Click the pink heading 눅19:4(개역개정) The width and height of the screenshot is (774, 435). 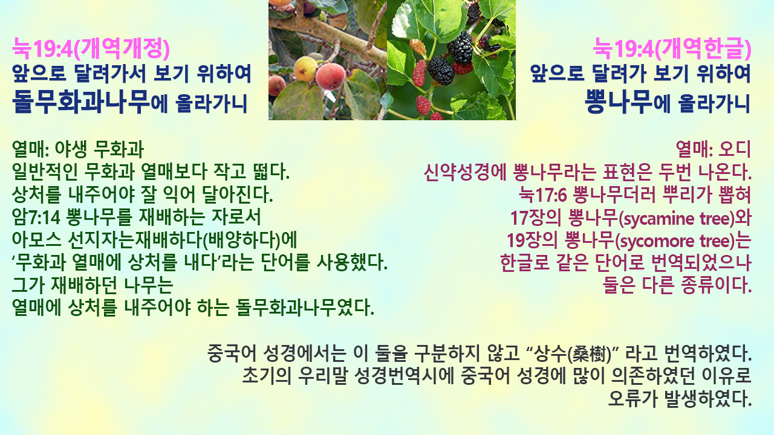coord(91,49)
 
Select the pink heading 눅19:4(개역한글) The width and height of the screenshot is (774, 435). coord(672,49)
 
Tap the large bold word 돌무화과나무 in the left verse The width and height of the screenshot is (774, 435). coord(81,101)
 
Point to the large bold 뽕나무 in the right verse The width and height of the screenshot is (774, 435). coord(619,101)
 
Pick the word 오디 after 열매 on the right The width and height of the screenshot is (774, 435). coord(735,149)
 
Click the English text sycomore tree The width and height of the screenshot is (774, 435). coord(674,241)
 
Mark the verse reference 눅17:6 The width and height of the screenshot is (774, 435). coord(542,195)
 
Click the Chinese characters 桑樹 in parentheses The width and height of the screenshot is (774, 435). coord(590,354)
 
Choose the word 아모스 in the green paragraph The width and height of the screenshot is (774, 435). coord(36,240)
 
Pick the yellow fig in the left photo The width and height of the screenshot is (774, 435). coord(305,69)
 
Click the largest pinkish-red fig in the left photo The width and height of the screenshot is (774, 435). coord(331,77)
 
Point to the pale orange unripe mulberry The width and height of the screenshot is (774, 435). coord(418,47)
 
